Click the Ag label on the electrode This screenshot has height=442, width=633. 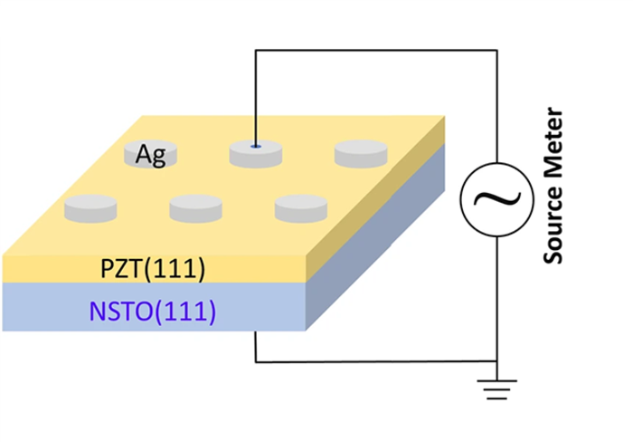pyautogui.click(x=150, y=155)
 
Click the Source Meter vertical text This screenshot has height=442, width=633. pyautogui.click(x=554, y=187)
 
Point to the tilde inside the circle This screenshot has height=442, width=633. pyautogui.click(x=496, y=200)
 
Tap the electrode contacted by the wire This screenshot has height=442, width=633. pyautogui.click(x=256, y=153)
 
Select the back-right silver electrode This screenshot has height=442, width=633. pyautogui.click(x=361, y=153)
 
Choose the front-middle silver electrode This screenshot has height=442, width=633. pyautogui.click(x=195, y=207)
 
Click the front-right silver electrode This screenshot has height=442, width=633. pyautogui.click(x=301, y=207)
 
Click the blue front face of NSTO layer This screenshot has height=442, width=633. pyautogui.click(x=54, y=308)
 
